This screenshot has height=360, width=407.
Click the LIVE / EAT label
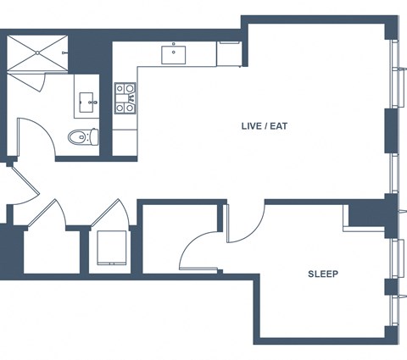(265, 126)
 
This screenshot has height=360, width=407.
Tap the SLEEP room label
(323, 274)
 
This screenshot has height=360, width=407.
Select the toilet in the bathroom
(83, 137)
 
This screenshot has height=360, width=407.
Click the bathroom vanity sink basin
(86, 102)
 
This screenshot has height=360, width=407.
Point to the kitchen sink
(174, 55)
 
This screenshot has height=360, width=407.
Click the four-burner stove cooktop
(125, 98)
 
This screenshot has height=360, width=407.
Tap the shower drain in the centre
(37, 53)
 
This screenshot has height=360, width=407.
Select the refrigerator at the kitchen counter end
(229, 54)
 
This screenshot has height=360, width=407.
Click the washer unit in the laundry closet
(112, 248)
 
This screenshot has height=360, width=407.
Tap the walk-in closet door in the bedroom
(195, 248)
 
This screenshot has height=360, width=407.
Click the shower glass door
(40, 82)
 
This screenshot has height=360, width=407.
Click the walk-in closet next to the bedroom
(180, 239)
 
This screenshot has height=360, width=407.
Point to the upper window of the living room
(394, 74)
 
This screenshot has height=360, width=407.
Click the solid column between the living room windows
(391, 131)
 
